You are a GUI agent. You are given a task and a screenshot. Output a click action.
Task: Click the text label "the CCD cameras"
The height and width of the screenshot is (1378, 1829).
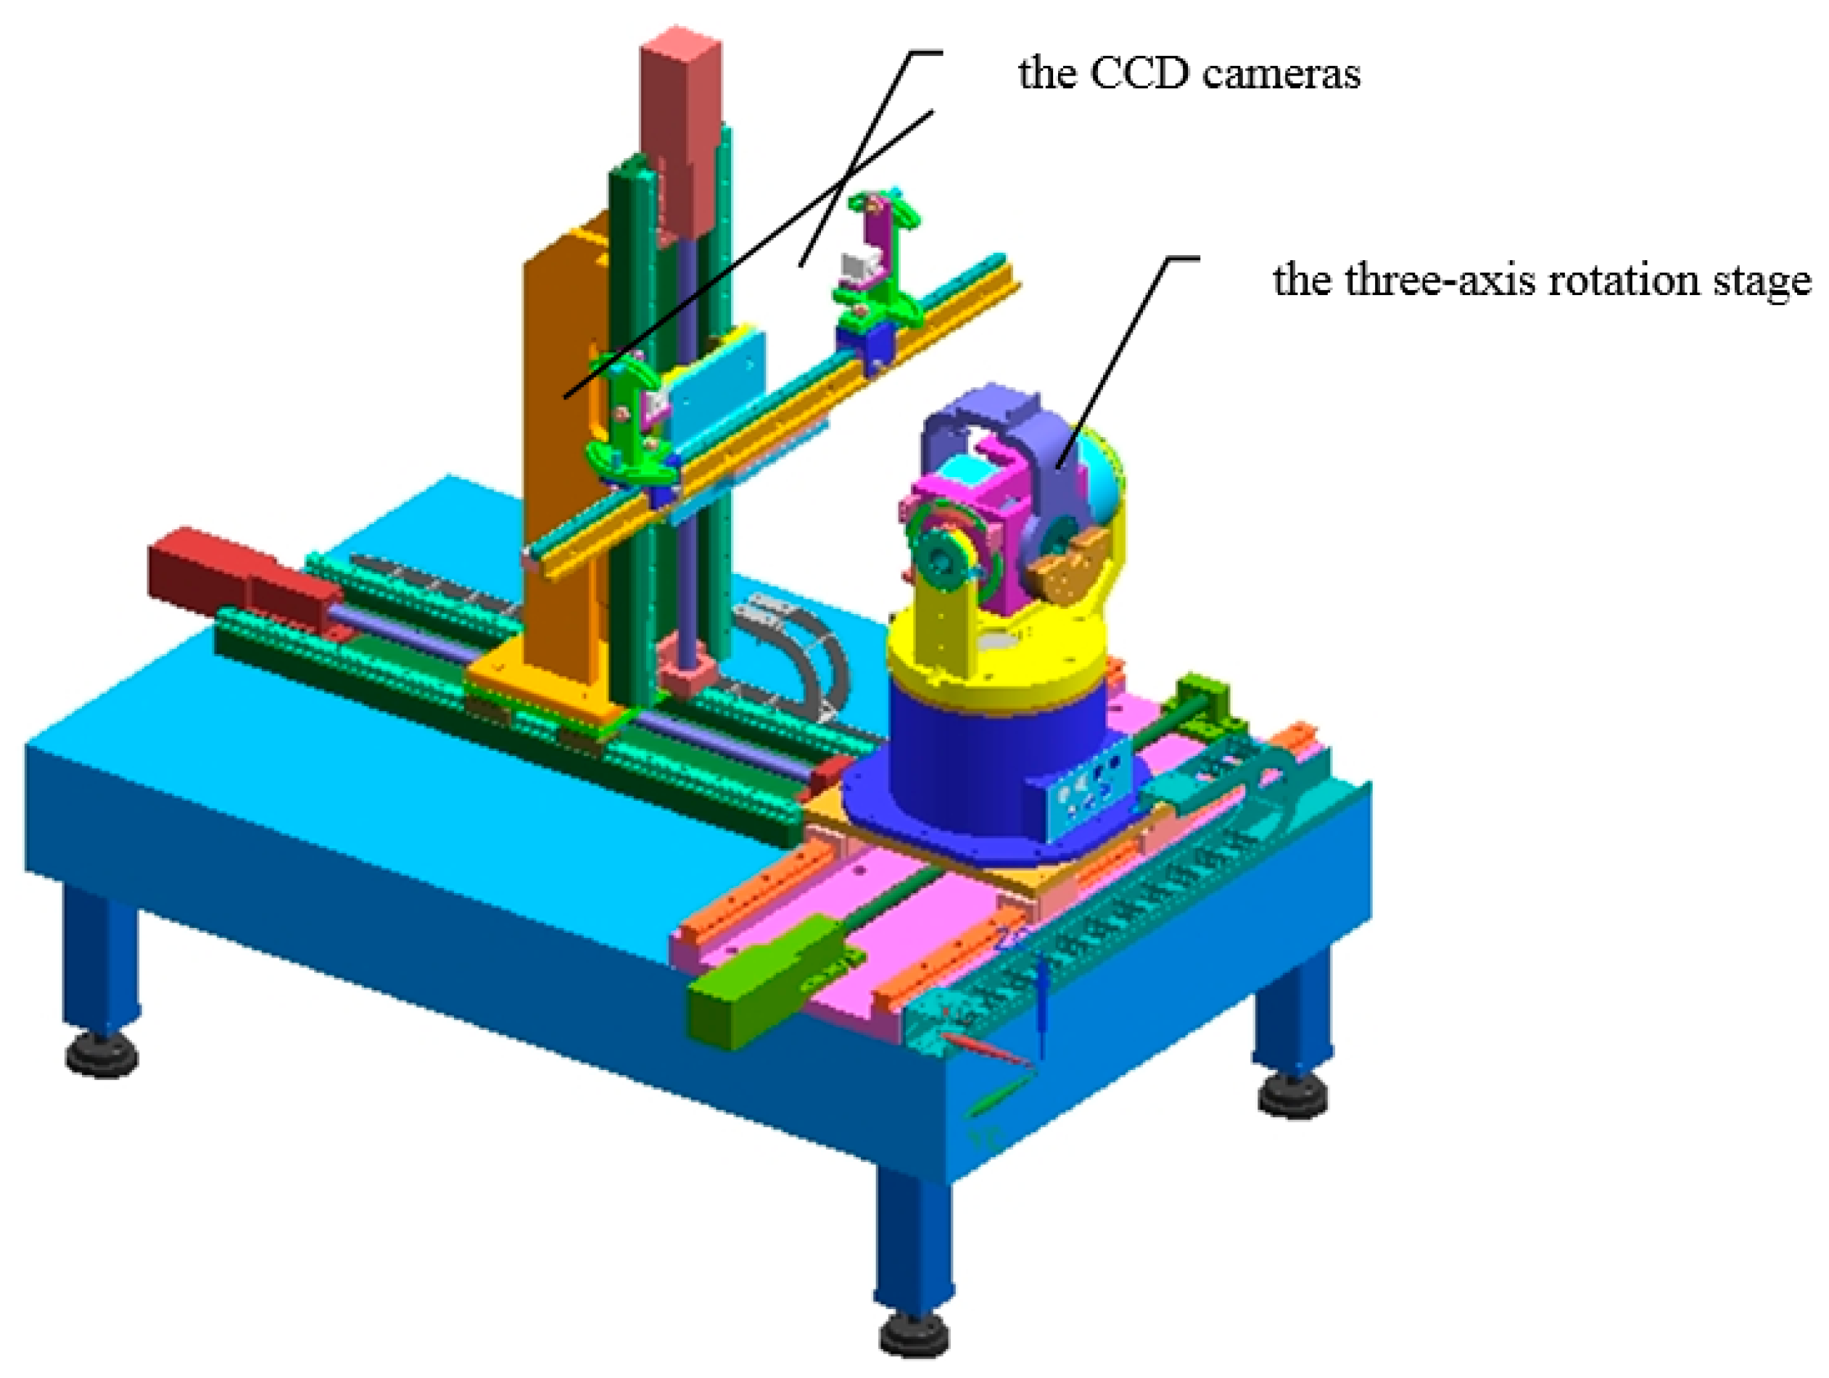click(x=1189, y=72)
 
